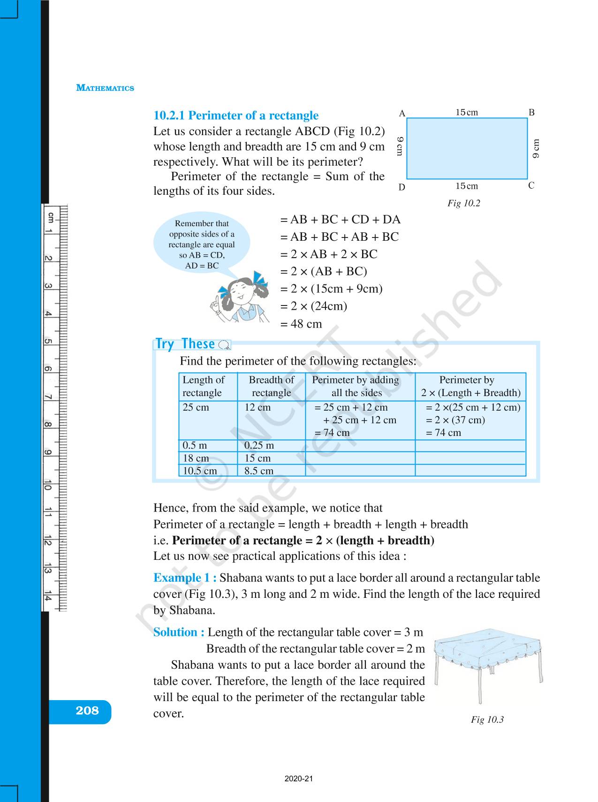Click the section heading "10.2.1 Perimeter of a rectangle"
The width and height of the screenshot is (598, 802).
coord(236,115)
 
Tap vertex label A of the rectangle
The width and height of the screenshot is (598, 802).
coord(402,114)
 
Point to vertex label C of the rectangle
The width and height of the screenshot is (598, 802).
coord(531,186)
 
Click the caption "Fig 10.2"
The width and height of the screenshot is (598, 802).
coord(463,203)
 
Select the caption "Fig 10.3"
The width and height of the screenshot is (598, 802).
coord(487,719)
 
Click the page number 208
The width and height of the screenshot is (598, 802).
coord(87,710)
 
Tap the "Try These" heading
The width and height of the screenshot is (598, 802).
coord(185,344)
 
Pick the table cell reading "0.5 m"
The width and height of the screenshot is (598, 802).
coord(195,445)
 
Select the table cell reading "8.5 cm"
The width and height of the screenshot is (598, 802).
coord(258,471)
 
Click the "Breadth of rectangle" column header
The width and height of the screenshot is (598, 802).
coord(271,386)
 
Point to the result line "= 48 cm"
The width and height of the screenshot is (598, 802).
coord(301,324)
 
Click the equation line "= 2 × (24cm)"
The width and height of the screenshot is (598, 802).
coord(314,306)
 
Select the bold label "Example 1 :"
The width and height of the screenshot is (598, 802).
coord(185,578)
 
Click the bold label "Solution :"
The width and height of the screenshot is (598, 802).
coord(179,632)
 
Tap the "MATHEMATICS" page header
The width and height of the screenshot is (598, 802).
coord(105,88)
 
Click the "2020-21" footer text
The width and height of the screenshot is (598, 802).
coord(298,779)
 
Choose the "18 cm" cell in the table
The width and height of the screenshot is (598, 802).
coord(196,458)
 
